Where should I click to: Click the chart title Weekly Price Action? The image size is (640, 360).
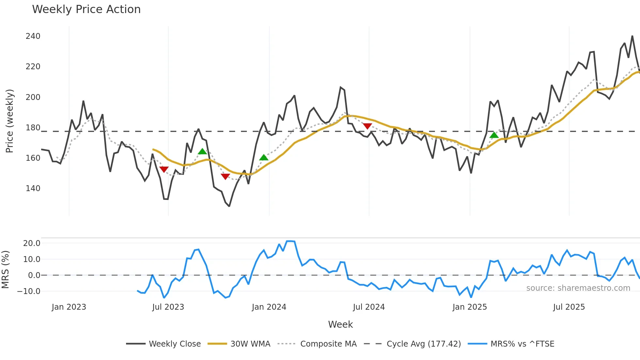86,9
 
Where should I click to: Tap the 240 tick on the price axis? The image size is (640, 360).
33,36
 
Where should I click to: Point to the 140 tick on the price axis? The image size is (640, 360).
33,188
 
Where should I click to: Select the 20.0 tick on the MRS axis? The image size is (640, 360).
32,243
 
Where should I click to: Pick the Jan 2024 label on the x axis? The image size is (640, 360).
269,307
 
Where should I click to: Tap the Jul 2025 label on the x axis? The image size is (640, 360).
569,307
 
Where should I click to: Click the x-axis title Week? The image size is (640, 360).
340,324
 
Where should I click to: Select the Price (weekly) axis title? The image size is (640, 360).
10,121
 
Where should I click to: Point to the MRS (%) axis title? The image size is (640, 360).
6,270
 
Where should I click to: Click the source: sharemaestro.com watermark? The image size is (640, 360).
578,288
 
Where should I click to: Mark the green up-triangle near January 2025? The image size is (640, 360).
494,135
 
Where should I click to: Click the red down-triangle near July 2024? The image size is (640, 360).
367,126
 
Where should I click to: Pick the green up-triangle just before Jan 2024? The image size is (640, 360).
264,157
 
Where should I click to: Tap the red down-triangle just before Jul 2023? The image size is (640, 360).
164,169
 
